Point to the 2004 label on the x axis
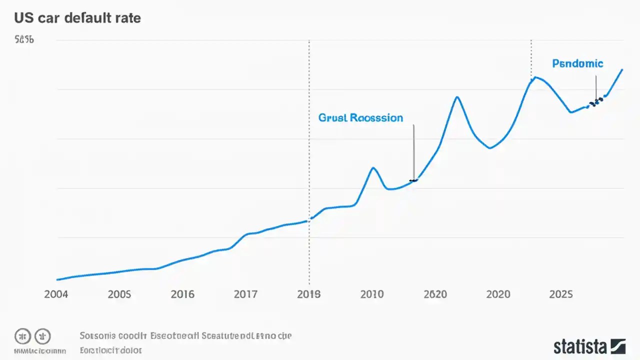click(56, 294)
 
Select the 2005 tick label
click(119, 294)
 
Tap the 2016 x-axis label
click(182, 294)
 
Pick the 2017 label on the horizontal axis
click(245, 294)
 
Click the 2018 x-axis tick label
click(308, 294)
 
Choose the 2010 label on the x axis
click(372, 294)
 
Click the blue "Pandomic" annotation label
click(577, 63)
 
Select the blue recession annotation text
click(360, 117)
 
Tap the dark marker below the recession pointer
click(413, 180)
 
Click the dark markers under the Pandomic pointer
click(595, 102)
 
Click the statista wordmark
click(580, 346)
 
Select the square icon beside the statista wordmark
click(618, 346)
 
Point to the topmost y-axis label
click(24, 39)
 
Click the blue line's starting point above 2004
click(57, 279)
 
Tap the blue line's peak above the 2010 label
click(372, 167)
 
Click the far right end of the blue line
click(622, 69)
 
